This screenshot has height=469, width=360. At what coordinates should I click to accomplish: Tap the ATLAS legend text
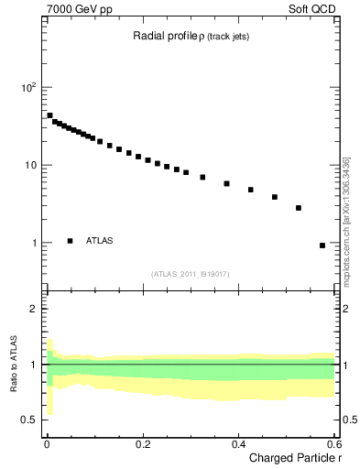(x=100, y=241)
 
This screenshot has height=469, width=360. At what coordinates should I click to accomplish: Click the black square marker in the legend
(x=71, y=241)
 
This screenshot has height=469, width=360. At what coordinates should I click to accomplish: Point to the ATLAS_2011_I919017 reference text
(x=191, y=272)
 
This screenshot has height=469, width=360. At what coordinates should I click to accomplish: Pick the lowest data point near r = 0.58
(x=322, y=245)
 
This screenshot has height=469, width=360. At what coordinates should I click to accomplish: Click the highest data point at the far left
(x=49, y=115)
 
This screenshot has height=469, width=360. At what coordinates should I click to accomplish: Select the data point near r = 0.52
(x=299, y=208)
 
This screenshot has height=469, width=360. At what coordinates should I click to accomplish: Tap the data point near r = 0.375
(x=226, y=183)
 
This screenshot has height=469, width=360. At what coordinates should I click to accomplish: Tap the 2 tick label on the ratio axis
(x=32, y=309)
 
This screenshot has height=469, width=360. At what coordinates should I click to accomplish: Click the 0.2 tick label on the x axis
(x=142, y=443)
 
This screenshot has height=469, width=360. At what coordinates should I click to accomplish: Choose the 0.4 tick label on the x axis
(x=237, y=443)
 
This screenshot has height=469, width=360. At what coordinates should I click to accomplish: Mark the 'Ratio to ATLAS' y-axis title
(x=13, y=365)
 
